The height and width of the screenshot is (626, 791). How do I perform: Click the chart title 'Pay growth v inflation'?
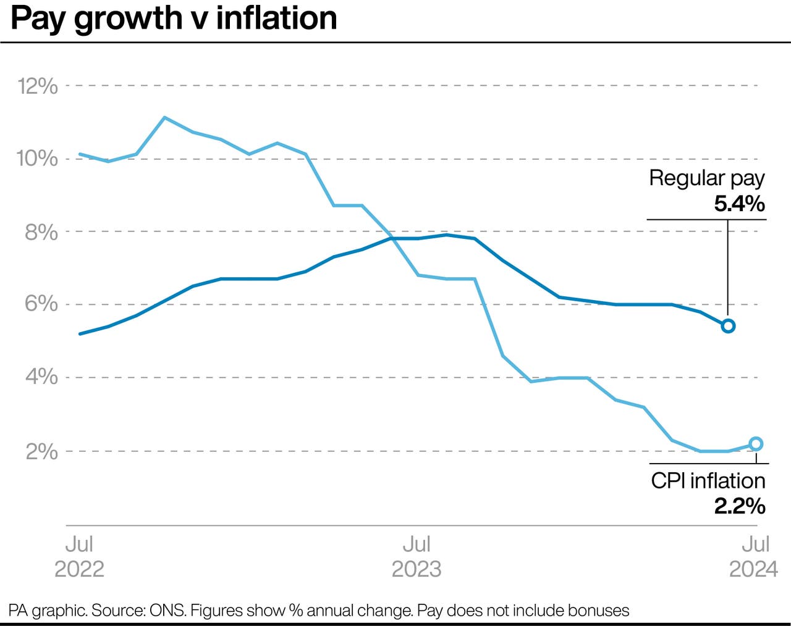pyautogui.click(x=174, y=18)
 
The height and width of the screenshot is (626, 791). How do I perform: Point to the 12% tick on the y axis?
pyautogui.click(x=38, y=86)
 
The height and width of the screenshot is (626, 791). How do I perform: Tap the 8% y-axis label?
pyautogui.click(x=41, y=232)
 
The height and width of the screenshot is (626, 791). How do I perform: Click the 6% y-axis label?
pyautogui.click(x=41, y=304)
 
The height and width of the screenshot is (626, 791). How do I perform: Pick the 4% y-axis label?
pyautogui.click(x=41, y=377)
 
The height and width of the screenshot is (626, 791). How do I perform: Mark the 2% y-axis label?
pyautogui.click(x=41, y=451)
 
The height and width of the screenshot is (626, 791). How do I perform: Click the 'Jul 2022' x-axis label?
pyautogui.click(x=79, y=556)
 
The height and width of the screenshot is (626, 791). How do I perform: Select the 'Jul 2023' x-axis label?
pyautogui.click(x=417, y=556)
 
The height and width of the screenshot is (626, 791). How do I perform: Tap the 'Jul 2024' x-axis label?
pyautogui.click(x=754, y=556)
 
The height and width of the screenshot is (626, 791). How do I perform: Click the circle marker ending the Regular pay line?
pyautogui.click(x=728, y=326)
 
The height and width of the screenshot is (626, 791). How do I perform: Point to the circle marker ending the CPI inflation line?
pyautogui.click(x=756, y=444)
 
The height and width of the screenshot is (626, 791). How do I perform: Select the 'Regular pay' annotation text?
pyautogui.click(x=706, y=178)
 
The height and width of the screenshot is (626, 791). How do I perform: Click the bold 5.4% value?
pyautogui.click(x=740, y=203)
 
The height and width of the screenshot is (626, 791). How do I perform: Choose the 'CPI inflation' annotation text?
pyautogui.click(x=708, y=481)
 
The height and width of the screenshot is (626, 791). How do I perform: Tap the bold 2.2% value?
pyautogui.click(x=740, y=506)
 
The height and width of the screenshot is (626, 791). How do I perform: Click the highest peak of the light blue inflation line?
pyautogui.click(x=164, y=117)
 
